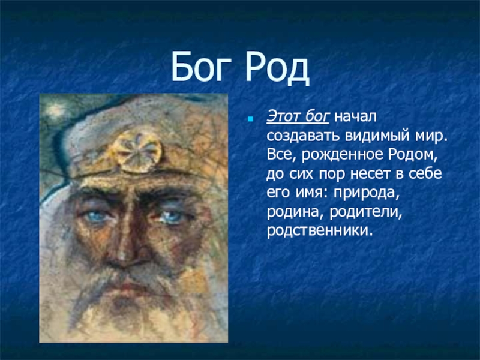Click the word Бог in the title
click(201, 67)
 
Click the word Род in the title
click(277, 68)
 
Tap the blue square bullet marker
click(250, 119)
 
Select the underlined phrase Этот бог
click(298, 116)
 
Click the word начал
click(355, 117)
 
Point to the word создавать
click(303, 136)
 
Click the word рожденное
click(342, 155)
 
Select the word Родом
click(413, 155)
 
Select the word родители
click(366, 212)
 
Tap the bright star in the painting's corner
click(55, 109)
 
